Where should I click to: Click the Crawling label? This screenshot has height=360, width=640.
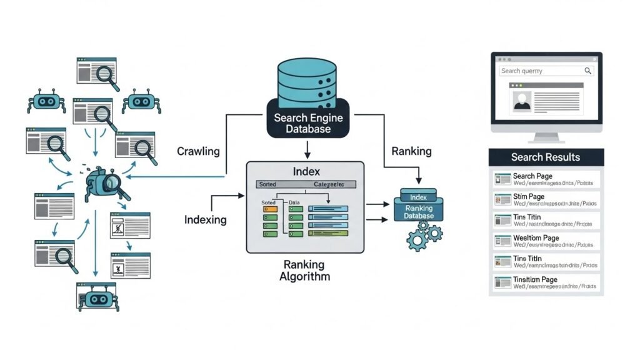tap(198, 151)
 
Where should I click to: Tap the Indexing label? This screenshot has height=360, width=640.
tap(205, 219)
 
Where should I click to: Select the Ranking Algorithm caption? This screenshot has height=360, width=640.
tap(304, 270)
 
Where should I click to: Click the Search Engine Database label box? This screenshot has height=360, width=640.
tap(305, 123)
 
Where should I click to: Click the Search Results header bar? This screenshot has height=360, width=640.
tap(546, 157)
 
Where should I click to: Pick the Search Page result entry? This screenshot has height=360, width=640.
tap(546, 179)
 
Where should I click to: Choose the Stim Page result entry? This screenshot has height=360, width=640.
tap(546, 200)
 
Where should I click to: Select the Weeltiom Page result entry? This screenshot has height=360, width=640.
tap(546, 241)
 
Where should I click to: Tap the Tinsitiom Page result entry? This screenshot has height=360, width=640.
tap(546, 282)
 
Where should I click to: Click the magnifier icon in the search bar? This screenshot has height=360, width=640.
tap(587, 71)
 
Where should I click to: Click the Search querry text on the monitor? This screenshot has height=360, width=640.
tap(522, 71)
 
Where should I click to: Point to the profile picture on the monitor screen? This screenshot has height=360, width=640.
tap(521, 101)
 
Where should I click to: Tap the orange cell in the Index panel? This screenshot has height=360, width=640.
tap(270, 209)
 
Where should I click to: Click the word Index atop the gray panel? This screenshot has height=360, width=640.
tap(305, 171)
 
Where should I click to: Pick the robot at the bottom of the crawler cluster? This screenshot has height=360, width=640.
tap(96, 297)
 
